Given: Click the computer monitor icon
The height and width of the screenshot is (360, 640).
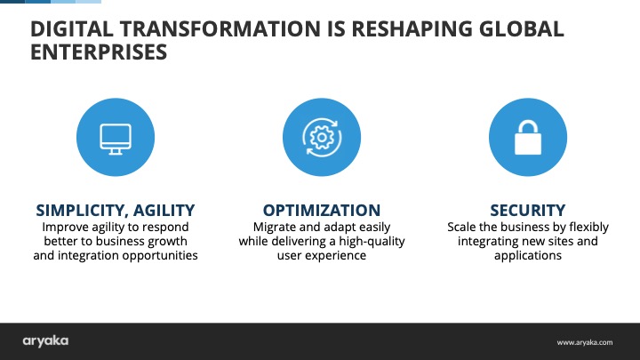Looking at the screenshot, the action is (x=116, y=140).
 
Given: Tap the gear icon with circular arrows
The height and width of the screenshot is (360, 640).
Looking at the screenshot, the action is (x=322, y=137).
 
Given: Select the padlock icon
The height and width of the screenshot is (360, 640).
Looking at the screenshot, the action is (x=528, y=138).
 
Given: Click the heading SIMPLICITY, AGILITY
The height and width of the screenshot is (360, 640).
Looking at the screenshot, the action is (x=116, y=210).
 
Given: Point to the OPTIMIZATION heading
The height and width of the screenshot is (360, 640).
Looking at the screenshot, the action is (x=322, y=210).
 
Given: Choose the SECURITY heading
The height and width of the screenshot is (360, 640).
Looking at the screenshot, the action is (x=528, y=210).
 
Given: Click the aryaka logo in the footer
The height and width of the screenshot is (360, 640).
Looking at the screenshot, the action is (x=45, y=341).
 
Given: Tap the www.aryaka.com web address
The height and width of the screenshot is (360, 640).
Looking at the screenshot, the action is (x=585, y=342).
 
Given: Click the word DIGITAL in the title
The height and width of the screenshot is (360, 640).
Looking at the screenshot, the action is (x=71, y=29).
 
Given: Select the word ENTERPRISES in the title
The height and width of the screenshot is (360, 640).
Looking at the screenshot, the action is (x=99, y=52).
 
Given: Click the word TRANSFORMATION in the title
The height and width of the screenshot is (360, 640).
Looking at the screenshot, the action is (x=220, y=29).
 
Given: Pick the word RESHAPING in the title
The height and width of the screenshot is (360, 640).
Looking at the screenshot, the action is (x=412, y=29).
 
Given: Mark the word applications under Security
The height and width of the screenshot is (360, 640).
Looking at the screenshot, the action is (x=528, y=256).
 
